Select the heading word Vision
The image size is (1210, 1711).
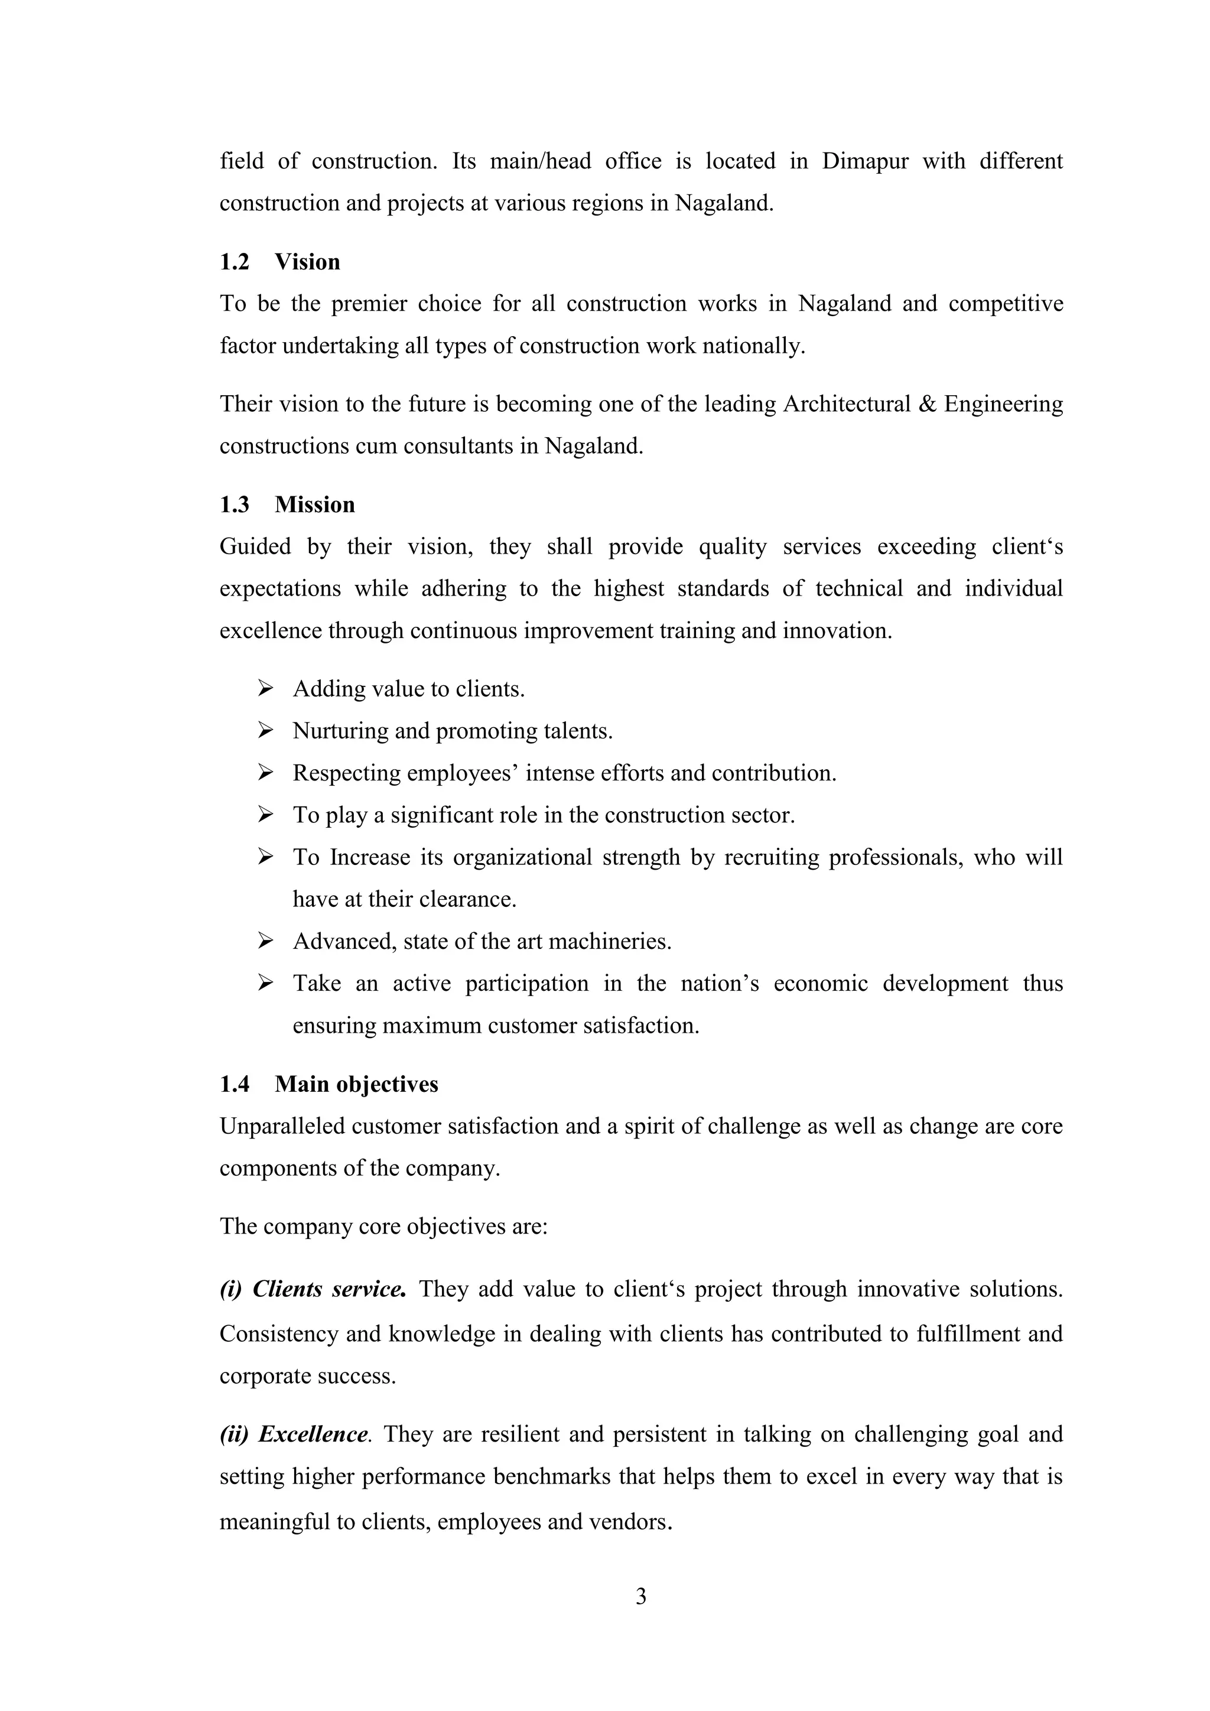point(307,262)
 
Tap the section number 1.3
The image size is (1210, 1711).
point(234,505)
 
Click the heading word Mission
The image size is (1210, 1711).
point(314,505)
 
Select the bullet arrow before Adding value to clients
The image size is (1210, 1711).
point(266,688)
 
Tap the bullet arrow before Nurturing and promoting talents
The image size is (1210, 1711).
point(266,731)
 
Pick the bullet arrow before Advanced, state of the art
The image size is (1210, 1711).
point(266,941)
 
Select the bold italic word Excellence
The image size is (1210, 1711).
point(313,1434)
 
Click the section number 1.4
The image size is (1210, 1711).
point(234,1084)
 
